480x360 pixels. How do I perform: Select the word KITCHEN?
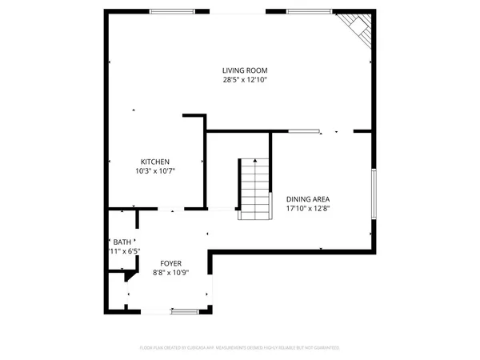(155, 162)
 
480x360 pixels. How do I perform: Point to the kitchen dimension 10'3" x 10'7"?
(155, 170)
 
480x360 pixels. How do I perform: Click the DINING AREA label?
(308, 199)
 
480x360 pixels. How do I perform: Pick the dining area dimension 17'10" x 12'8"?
(308, 208)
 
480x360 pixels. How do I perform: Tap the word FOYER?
(170, 263)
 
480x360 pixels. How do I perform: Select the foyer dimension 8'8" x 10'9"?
(170, 272)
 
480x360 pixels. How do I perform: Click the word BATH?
(122, 242)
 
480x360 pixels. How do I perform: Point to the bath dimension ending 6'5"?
(124, 251)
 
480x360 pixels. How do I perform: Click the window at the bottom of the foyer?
(184, 310)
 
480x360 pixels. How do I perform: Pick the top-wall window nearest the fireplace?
(310, 11)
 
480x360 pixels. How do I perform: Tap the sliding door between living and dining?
(306, 130)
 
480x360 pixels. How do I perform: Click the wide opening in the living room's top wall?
(239, 11)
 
